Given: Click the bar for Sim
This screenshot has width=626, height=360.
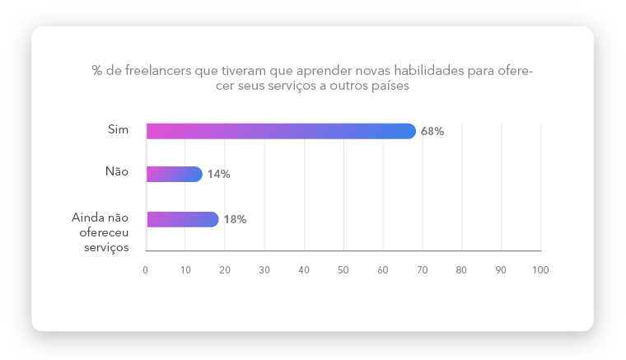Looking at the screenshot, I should (281, 131).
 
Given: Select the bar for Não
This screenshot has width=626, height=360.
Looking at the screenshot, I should (174, 174).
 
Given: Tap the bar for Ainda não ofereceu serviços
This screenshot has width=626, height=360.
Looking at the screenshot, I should (182, 219).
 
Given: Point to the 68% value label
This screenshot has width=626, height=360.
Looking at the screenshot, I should (432, 131).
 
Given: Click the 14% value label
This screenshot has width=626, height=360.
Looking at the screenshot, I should (218, 175).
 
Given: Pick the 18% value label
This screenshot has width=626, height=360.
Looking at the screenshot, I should (235, 219).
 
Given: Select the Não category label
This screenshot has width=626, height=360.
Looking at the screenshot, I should (117, 171).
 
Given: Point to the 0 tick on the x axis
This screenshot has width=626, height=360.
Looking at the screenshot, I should (146, 269).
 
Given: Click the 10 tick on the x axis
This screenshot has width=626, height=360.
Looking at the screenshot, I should (185, 269).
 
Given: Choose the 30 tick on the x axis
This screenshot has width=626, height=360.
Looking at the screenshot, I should (264, 269).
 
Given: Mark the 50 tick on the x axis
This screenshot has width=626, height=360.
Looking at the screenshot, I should (343, 269).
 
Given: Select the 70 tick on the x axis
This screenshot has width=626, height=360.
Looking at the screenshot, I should (423, 269).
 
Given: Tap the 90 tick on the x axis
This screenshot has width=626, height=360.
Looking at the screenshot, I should (501, 269).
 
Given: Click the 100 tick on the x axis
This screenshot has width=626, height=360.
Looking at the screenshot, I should (540, 269).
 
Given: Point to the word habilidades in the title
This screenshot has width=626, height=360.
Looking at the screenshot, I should (422, 71).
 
